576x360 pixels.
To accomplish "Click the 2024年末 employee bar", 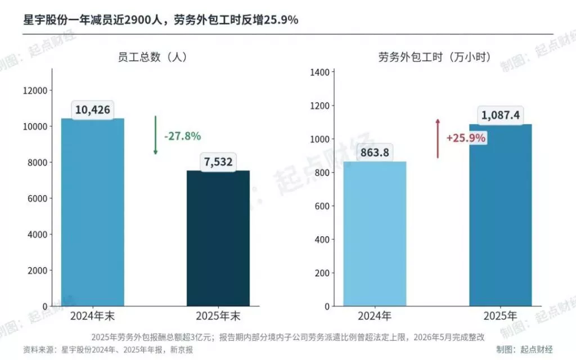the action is pos(93,212).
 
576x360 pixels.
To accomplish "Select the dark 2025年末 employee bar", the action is pos(218,238).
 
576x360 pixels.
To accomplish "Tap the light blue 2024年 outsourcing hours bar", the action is pos(375,233).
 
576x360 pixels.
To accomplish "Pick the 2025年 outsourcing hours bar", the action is pos(500,215).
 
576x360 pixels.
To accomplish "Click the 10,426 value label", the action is pos(93,110).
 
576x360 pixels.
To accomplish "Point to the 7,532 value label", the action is pos(218,161).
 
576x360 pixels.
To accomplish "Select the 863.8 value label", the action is pos(375,152).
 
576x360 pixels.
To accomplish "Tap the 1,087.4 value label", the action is pos(500,115).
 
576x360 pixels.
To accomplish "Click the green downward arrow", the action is pos(155,135).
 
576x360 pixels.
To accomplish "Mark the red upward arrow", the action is pos(438,138).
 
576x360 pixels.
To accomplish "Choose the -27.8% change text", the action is pos(183,136).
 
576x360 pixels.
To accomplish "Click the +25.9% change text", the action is pos(466,138).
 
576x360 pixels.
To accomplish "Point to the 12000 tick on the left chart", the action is pos(35,91).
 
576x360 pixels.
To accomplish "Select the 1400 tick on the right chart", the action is pos(319,72).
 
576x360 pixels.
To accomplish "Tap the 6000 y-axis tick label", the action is pos(38,199).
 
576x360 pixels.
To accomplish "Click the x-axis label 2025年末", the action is pos(218,316).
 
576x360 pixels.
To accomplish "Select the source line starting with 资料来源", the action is pos(108,349).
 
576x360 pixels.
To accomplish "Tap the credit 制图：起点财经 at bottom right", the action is pos(525,349).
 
